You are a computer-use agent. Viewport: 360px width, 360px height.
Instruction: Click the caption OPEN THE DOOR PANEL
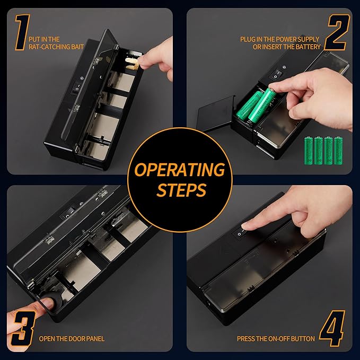tap(72, 338)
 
